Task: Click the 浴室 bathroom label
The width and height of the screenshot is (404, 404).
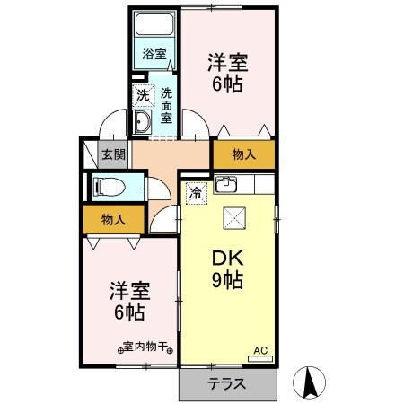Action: (154, 54)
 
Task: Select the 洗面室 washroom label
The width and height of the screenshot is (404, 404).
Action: (167, 102)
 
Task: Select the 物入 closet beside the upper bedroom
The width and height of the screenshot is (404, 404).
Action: (243, 154)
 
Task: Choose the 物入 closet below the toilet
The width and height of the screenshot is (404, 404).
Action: (112, 218)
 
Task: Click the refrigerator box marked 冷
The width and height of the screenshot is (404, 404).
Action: (195, 191)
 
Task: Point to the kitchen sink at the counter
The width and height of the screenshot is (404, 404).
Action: (226, 186)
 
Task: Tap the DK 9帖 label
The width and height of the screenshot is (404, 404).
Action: (229, 268)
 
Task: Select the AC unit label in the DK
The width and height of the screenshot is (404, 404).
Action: (259, 351)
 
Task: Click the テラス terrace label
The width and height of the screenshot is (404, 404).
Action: (229, 383)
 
